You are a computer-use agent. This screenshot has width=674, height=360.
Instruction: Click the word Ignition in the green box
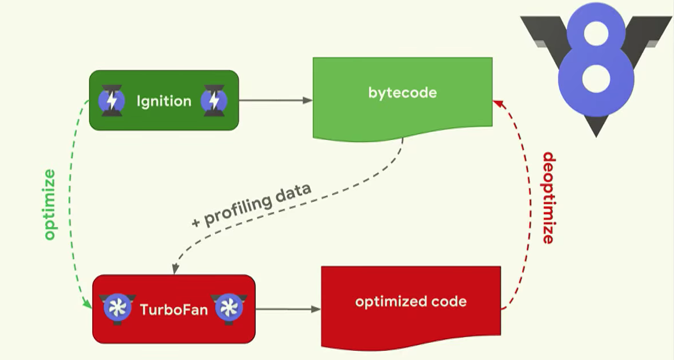click(x=164, y=101)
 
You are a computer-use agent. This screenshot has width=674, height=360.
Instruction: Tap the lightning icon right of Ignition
click(x=214, y=101)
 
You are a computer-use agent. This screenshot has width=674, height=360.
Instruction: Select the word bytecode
click(x=402, y=93)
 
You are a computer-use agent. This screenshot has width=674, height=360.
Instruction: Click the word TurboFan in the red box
click(x=174, y=310)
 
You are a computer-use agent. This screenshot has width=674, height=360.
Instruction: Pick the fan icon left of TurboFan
click(x=117, y=308)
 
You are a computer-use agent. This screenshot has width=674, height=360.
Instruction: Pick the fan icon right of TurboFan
click(x=229, y=308)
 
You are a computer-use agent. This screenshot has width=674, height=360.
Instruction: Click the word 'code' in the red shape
click(x=449, y=302)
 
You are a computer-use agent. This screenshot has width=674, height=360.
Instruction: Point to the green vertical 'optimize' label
click(x=50, y=205)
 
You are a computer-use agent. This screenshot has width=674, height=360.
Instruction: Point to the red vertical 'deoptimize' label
click(x=548, y=198)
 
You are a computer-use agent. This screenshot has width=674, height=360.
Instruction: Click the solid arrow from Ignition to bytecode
click(x=275, y=100)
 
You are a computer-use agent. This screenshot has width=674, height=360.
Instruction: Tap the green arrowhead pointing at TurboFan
click(x=88, y=303)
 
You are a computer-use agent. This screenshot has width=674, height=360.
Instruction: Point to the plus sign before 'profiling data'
click(x=197, y=222)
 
